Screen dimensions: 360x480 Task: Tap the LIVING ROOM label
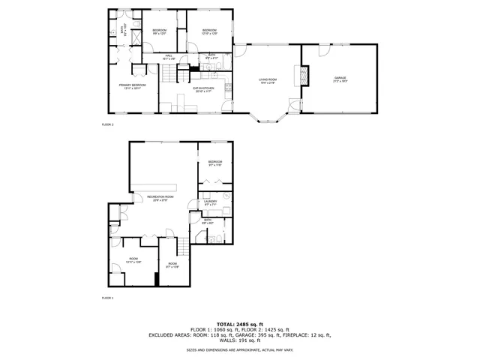tap(268, 81)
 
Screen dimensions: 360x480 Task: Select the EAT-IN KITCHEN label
tap(203, 88)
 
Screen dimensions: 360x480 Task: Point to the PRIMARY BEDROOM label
tap(132, 86)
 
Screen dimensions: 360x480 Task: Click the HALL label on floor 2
tap(169, 55)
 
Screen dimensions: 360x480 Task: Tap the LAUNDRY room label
tap(211, 202)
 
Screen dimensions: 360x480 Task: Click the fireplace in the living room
tap(304, 76)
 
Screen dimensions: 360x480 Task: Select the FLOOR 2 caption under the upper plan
tap(107, 124)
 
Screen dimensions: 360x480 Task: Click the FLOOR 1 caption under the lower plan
tap(107, 298)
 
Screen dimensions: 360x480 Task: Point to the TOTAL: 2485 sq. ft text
tap(239, 323)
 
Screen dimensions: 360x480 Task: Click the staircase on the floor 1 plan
tap(182, 247)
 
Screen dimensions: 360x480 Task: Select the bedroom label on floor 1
tap(215, 163)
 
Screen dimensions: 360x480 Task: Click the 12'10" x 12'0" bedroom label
tap(209, 31)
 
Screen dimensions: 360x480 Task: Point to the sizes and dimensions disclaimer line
tap(239, 349)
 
